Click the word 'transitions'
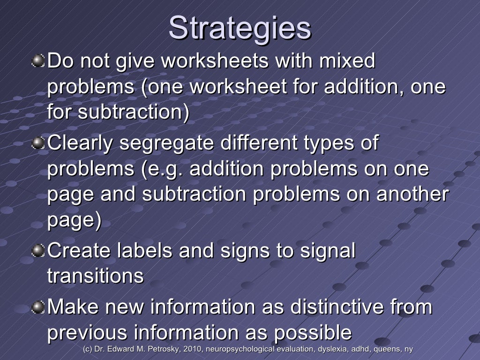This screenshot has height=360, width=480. pos(95,276)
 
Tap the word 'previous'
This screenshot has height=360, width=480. pos(87,333)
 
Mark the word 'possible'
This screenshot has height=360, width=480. pos(313,333)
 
